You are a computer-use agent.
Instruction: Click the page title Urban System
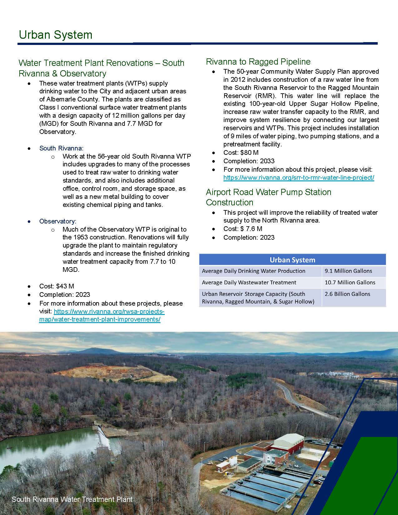(x=56, y=35)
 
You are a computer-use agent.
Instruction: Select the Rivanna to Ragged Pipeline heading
(x=258, y=61)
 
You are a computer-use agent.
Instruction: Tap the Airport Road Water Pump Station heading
(x=268, y=197)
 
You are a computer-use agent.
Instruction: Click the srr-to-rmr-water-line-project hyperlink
(x=299, y=178)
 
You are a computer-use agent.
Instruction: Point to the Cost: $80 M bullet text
(x=241, y=153)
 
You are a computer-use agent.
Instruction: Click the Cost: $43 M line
(x=57, y=286)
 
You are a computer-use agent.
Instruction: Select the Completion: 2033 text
(x=249, y=161)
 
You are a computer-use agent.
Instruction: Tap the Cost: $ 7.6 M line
(x=243, y=229)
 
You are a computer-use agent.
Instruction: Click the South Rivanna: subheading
(x=61, y=148)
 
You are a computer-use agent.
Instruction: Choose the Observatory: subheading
(x=58, y=221)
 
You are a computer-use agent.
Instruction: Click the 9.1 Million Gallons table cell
(x=348, y=271)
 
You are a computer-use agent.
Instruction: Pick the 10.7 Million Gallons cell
(x=350, y=282)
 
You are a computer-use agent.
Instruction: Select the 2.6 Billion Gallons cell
(x=347, y=294)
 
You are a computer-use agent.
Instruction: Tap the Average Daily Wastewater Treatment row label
(x=249, y=282)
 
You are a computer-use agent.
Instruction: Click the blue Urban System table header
(x=292, y=260)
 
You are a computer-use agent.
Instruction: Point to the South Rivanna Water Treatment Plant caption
(x=72, y=499)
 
